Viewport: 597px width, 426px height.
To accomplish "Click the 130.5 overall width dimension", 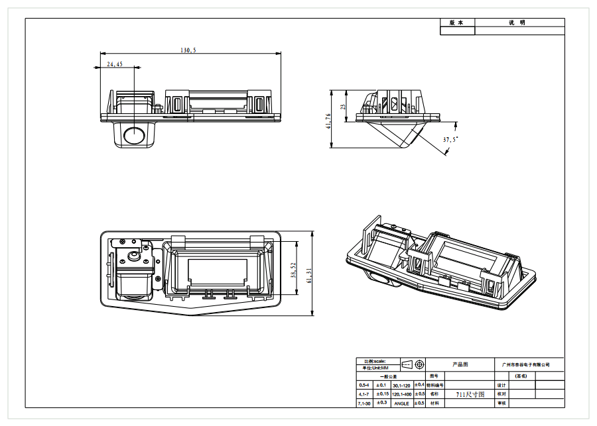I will [x=188, y=50].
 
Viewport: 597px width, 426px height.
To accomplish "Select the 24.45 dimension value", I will [x=115, y=64].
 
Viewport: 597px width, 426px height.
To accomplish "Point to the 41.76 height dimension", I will [x=329, y=121].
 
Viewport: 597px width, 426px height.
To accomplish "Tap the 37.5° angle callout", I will [x=450, y=140].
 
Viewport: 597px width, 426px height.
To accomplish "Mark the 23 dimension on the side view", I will [x=343, y=106].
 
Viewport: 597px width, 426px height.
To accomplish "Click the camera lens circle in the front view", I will [x=135, y=134].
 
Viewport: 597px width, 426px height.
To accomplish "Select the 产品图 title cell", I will [x=460, y=364].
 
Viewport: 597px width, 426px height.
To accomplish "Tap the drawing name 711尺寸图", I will [x=470, y=394].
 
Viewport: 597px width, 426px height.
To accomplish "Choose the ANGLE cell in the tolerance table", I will [x=402, y=403].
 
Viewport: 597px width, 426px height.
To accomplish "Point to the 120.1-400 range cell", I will [x=402, y=394].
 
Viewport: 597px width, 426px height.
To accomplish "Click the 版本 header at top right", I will [x=457, y=23].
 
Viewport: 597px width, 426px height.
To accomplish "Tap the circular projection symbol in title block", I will [x=419, y=364].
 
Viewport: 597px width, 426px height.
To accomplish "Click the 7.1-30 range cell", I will [x=364, y=403].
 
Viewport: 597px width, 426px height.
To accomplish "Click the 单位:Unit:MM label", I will [x=375, y=368].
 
